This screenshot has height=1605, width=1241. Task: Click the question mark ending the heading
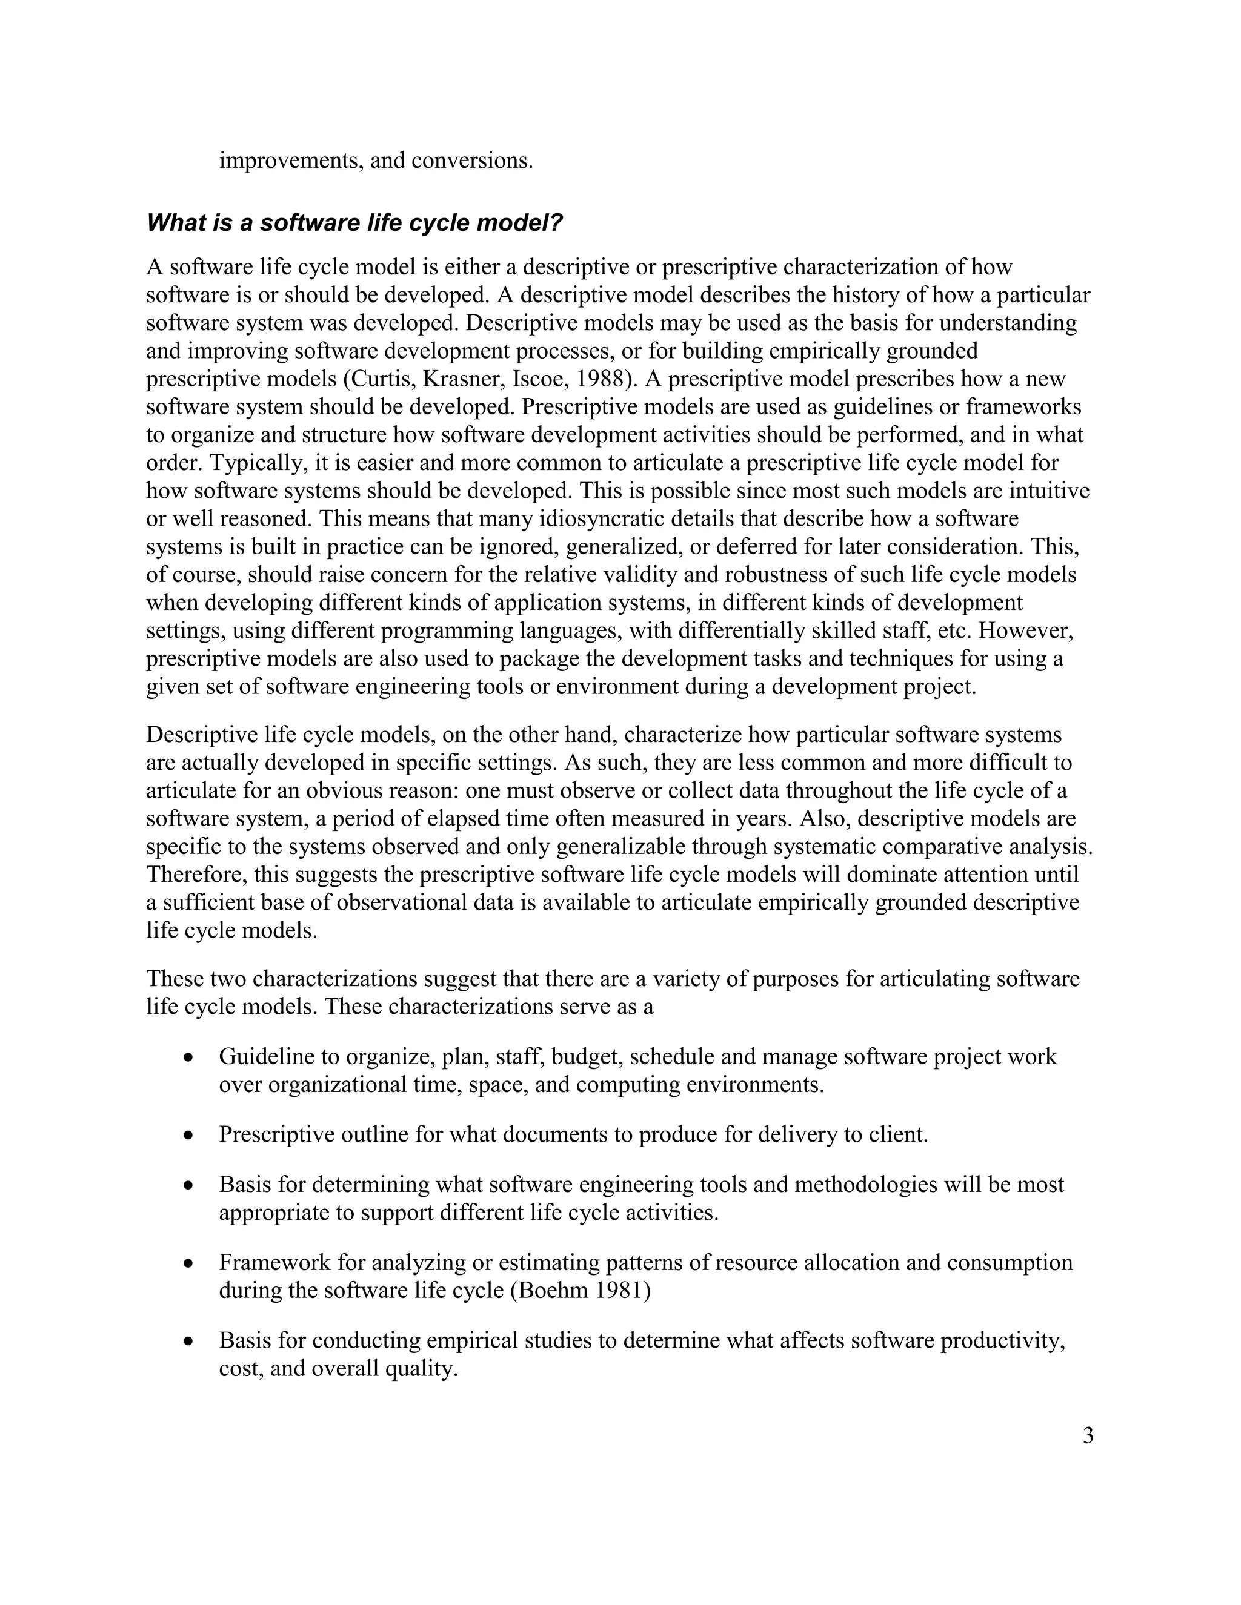pyautogui.click(x=556, y=223)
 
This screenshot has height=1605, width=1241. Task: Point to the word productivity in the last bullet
pyautogui.click(x=1003, y=1340)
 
